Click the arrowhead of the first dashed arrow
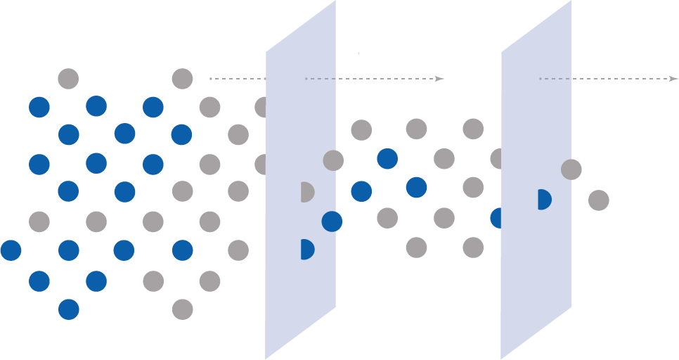click(x=440, y=79)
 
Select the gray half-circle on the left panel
click(x=306, y=192)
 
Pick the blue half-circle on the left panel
click(x=306, y=249)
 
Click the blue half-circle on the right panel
click(x=543, y=200)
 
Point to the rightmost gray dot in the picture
click(x=598, y=200)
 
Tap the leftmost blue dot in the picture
click(x=11, y=250)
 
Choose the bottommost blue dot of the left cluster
click(x=68, y=309)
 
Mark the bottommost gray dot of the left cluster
click(x=182, y=309)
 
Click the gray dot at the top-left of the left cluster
click(x=68, y=79)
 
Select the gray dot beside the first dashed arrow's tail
click(x=182, y=79)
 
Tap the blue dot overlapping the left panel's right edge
click(x=332, y=221)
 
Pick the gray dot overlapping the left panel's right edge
click(x=333, y=160)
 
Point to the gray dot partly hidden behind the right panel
click(x=496, y=159)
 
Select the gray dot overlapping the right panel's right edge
click(x=571, y=169)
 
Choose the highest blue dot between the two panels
click(x=387, y=159)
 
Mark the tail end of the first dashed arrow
click(x=211, y=79)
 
